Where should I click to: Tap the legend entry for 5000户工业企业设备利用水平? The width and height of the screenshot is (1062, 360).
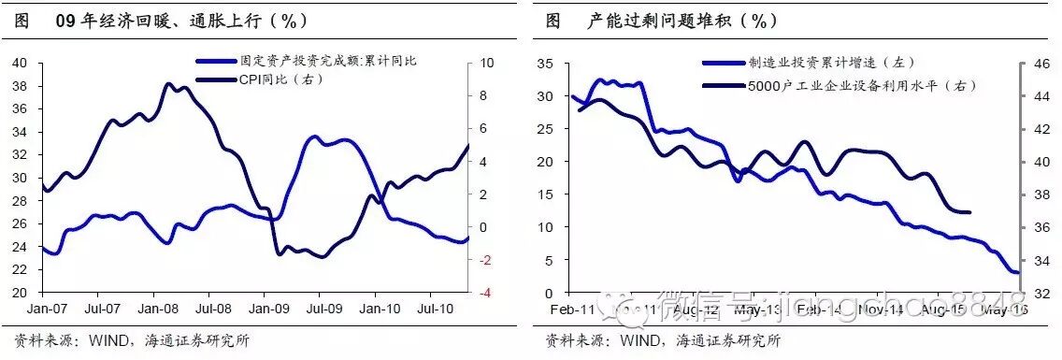click(x=861, y=85)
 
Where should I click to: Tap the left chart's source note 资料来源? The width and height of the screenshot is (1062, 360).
click(x=132, y=340)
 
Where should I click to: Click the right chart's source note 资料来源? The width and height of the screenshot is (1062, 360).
click(x=664, y=340)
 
